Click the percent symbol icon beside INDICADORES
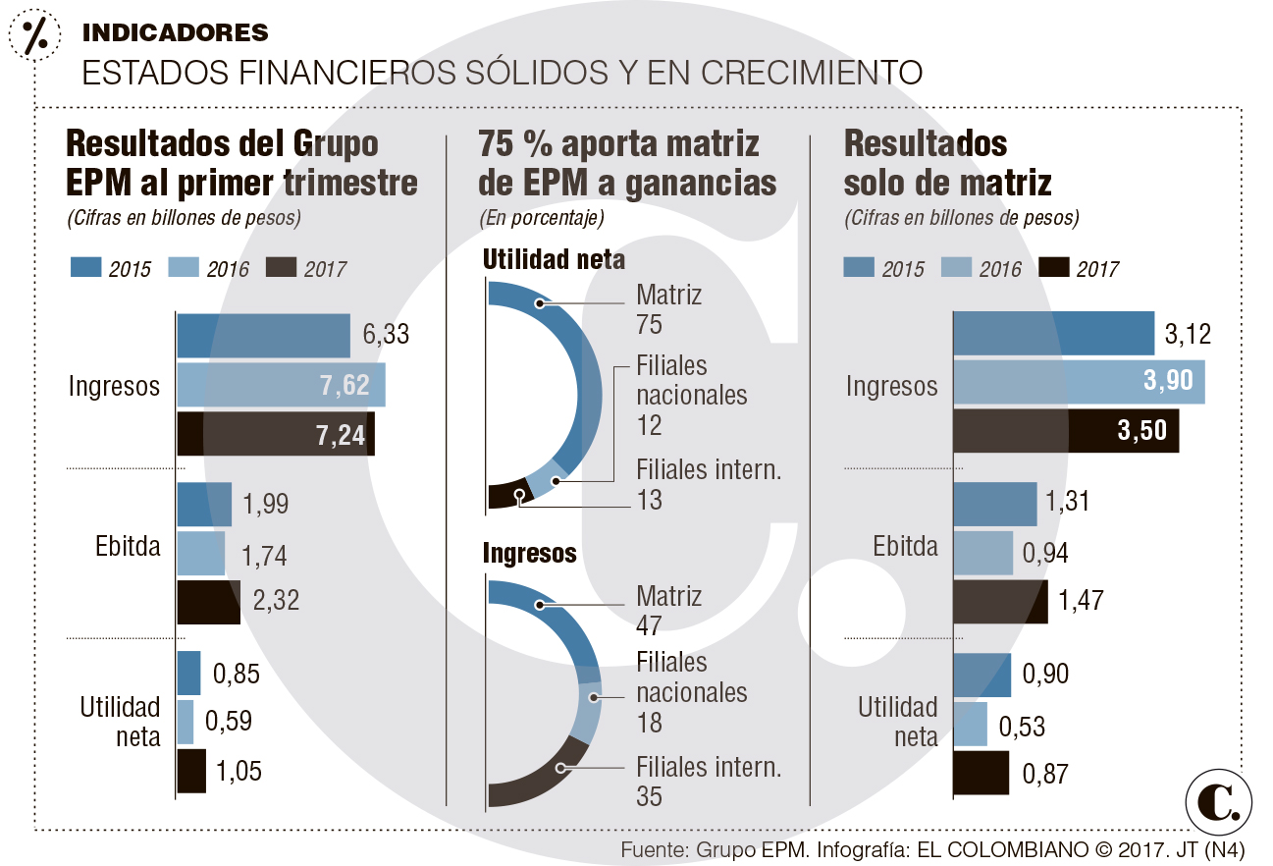coord(34,34)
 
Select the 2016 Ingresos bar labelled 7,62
coord(281,385)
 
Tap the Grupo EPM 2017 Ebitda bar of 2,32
coord(208,602)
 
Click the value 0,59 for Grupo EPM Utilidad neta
coord(229,722)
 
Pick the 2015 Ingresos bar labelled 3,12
coord(1053,334)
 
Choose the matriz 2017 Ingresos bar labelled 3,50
coord(1066,432)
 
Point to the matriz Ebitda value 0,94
coord(1046,554)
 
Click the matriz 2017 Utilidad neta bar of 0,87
coord(981,773)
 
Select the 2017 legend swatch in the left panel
coord(280,268)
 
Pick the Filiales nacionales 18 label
coord(691,692)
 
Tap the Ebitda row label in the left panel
coord(128,547)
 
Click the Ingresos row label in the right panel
coord(891,386)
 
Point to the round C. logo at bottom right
coord(1219,801)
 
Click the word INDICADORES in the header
coord(175,32)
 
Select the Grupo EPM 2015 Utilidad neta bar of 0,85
coord(188,674)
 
